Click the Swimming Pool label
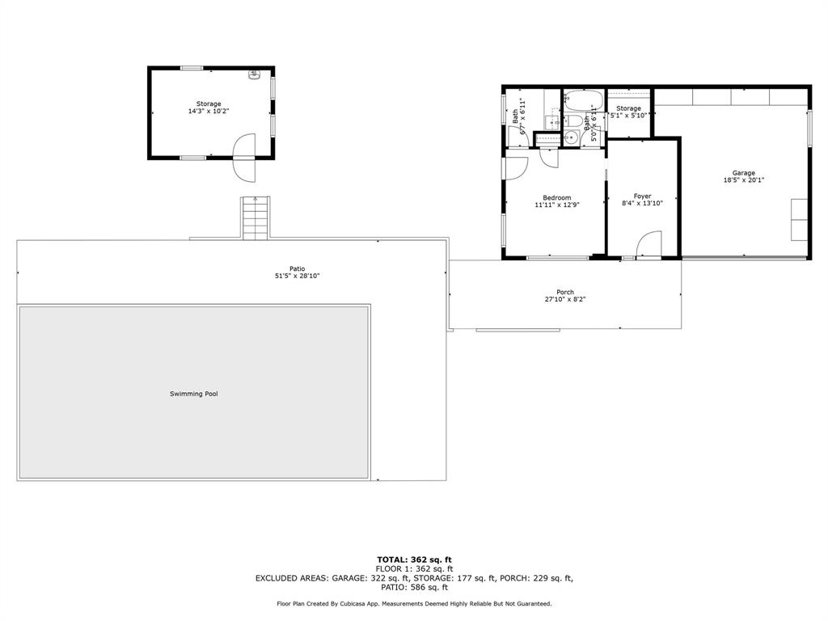click(194, 394)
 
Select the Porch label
click(565, 292)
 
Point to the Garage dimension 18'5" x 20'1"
click(744, 180)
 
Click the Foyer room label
click(642, 196)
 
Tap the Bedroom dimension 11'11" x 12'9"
click(557, 205)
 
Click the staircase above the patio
click(255, 218)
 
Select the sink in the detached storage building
click(254, 75)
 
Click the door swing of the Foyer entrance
click(648, 243)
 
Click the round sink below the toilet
click(572, 137)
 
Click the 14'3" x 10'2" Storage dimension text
click(209, 111)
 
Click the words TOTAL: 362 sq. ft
click(414, 560)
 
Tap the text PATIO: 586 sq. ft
click(414, 588)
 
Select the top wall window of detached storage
click(192, 68)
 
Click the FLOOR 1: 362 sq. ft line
click(414, 568)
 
